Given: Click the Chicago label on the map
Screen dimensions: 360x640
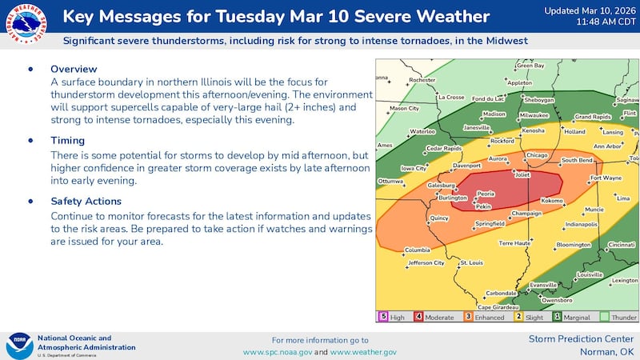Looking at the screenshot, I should [537, 155].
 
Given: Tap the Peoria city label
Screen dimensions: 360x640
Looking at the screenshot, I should [486, 194].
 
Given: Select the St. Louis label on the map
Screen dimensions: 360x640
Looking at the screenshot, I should [470, 262].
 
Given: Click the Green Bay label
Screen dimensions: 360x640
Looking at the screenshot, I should [525, 66].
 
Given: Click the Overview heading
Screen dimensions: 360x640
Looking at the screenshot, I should [74, 70].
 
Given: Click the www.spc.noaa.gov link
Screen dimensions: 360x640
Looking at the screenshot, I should [278, 352].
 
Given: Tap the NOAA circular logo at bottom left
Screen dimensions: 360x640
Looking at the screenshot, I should [18, 346].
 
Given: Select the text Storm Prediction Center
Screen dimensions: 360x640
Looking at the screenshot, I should [582, 339].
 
